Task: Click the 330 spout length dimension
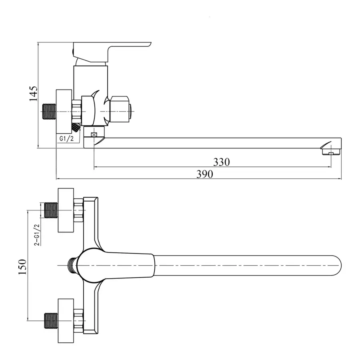[221, 162]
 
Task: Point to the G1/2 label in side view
[66, 138]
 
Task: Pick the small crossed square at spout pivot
[94, 135]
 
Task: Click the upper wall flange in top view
[66, 210]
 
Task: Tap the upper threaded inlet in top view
[50, 210]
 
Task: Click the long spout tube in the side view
[216, 143]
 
